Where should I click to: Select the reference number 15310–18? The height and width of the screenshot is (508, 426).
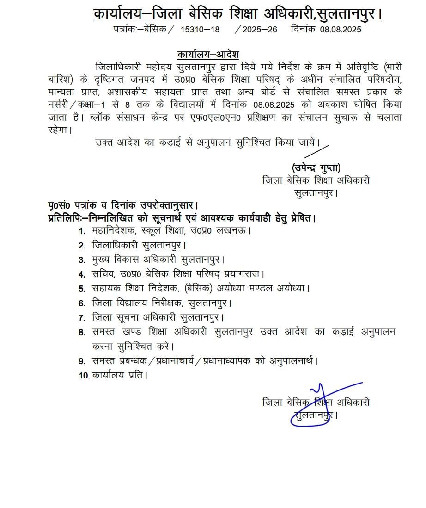point(201,30)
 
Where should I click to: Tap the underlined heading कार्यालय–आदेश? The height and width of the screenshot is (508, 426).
point(208,54)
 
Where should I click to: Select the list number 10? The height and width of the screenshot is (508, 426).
point(84,376)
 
